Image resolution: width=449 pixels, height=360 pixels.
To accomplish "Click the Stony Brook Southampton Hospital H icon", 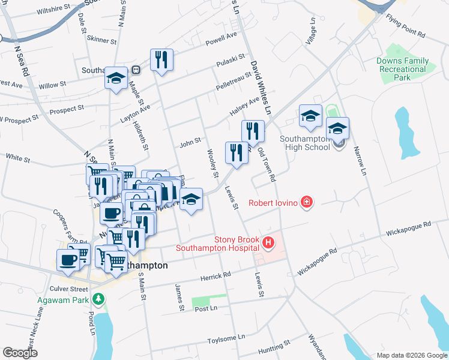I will (268, 243).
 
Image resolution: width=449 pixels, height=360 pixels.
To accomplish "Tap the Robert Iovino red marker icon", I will (307, 202).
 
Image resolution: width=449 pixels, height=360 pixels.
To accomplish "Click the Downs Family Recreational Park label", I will (403, 69).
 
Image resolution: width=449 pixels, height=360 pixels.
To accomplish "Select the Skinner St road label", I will (101, 40).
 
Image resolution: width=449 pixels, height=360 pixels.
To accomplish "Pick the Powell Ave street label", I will (221, 39).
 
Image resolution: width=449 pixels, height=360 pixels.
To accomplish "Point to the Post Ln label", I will (205, 308).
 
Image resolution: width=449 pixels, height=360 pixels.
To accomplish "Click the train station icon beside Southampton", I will (136, 70).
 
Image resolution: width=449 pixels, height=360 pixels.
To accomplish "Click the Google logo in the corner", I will (20, 353).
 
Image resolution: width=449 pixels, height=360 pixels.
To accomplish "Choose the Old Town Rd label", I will (266, 165).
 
